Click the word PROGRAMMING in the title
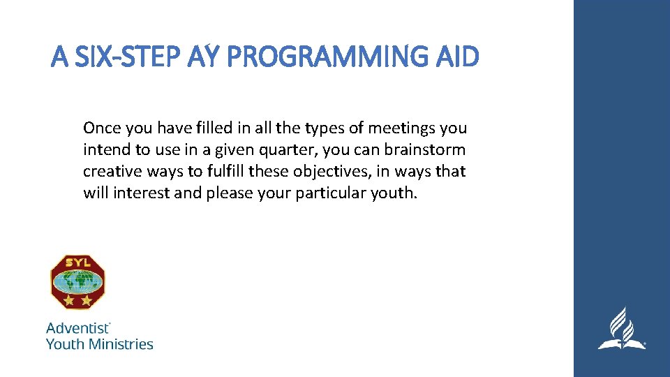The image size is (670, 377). point(332,57)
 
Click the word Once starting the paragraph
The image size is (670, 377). point(103,128)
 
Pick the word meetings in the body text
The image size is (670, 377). point(399,128)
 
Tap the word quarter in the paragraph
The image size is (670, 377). point(306,150)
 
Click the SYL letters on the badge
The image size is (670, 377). point(78,263)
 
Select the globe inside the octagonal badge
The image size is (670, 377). point(78,281)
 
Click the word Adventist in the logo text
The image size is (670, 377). point(77,327)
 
